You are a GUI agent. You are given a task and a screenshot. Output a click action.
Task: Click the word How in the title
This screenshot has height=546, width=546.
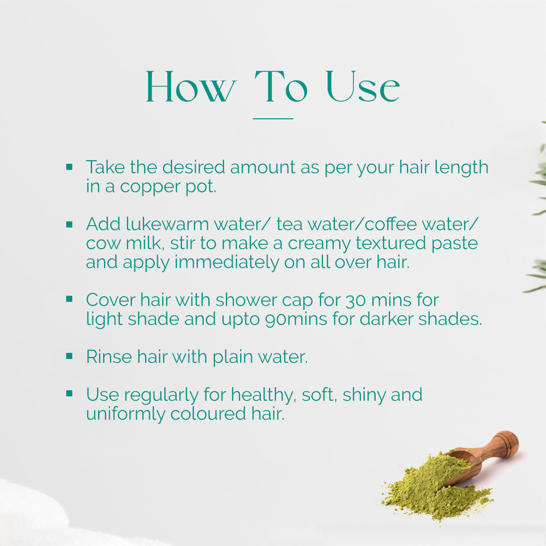click(x=191, y=86)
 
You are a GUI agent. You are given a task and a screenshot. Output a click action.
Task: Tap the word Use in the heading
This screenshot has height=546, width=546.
click(x=363, y=86)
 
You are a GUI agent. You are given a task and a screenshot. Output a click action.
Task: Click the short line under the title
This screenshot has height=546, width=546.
click(x=272, y=119)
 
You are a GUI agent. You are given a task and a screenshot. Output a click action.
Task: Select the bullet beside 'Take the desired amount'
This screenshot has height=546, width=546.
click(x=69, y=167)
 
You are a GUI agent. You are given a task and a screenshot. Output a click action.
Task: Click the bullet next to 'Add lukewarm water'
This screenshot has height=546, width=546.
click(x=69, y=224)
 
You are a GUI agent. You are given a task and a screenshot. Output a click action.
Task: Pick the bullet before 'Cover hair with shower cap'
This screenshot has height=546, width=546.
click(x=69, y=299)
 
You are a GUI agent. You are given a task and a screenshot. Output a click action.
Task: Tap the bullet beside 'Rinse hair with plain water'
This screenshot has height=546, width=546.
click(x=69, y=356)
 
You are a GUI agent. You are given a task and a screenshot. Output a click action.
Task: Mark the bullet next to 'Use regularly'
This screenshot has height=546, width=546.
click(x=69, y=393)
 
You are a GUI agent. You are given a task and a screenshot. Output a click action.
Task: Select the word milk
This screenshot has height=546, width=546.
click(x=145, y=243)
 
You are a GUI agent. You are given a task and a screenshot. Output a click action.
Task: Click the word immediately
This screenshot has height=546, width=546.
click(x=226, y=262)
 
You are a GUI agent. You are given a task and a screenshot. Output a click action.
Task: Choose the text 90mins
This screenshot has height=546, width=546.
click(x=296, y=320)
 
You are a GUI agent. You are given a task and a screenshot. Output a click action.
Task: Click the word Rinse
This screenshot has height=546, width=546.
click(x=109, y=356)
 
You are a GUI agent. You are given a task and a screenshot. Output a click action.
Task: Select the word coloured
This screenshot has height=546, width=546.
click(x=208, y=414)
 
